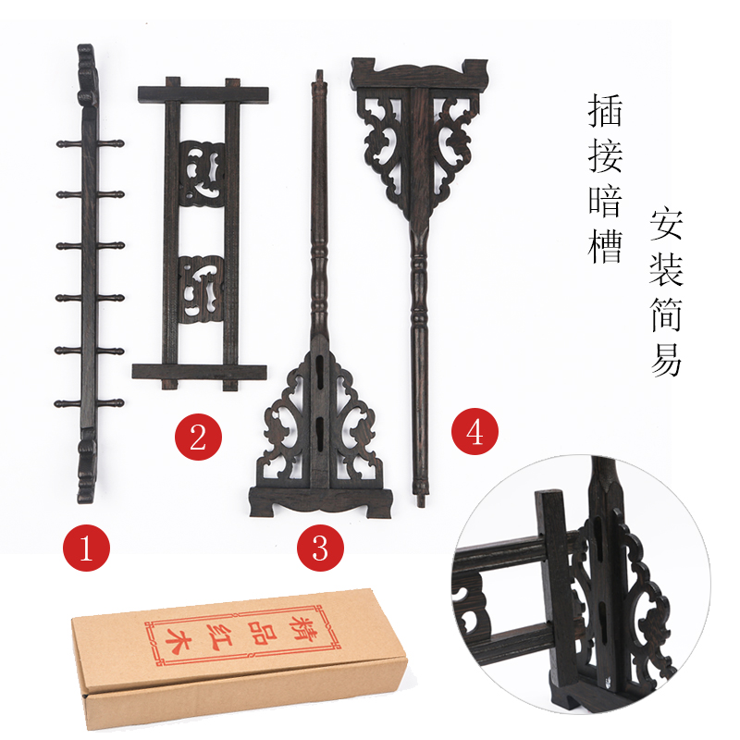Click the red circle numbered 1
click(x=86, y=548)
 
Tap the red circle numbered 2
click(x=198, y=436)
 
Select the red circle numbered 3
click(x=319, y=548)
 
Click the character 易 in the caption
click(x=666, y=360)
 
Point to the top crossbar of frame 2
click(x=203, y=93)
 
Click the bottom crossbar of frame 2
click(x=199, y=372)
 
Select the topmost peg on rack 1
click(x=89, y=146)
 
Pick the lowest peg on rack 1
click(x=89, y=404)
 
